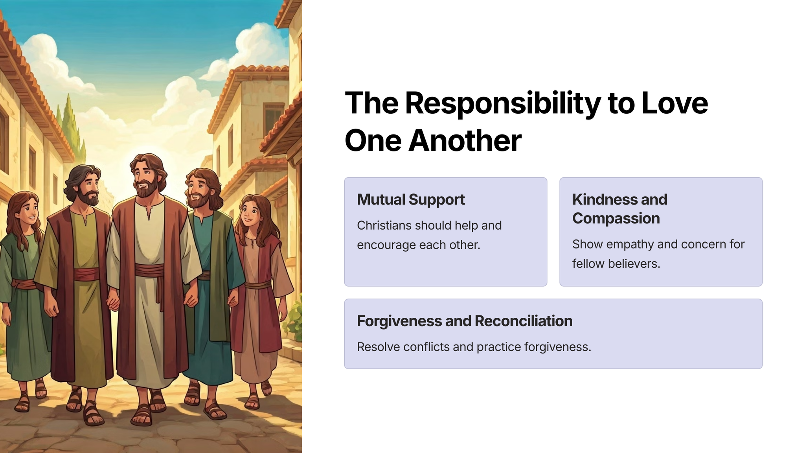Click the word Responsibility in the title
[x=503, y=103]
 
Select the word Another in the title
[x=465, y=140]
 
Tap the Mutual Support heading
[x=411, y=199]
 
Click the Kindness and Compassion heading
[x=620, y=209]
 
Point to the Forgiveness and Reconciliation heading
[x=465, y=321]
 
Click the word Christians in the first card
[x=384, y=225]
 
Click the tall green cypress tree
[x=72, y=124]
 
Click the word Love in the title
[x=675, y=103]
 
